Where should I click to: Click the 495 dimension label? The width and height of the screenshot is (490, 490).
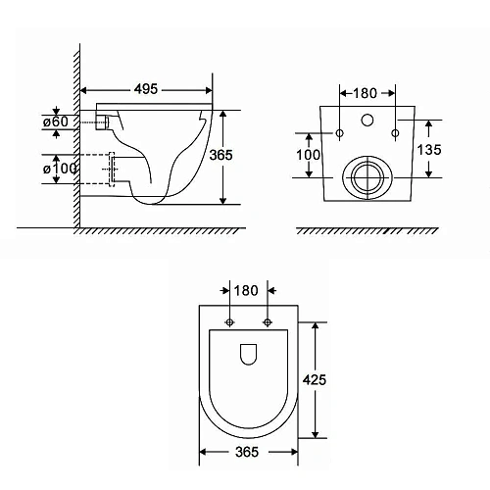(146, 89)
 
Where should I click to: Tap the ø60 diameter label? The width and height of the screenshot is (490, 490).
(56, 122)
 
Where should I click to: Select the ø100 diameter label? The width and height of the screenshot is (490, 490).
(60, 169)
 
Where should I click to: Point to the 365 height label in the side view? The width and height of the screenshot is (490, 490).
(220, 155)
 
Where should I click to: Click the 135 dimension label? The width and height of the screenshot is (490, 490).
(429, 150)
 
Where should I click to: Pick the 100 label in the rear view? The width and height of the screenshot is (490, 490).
(308, 155)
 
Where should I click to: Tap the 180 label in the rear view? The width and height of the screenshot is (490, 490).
(365, 93)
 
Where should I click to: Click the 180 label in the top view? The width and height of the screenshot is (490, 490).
(246, 290)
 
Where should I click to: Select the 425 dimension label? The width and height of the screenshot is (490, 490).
(315, 379)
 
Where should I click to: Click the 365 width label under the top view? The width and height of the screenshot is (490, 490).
(247, 452)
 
